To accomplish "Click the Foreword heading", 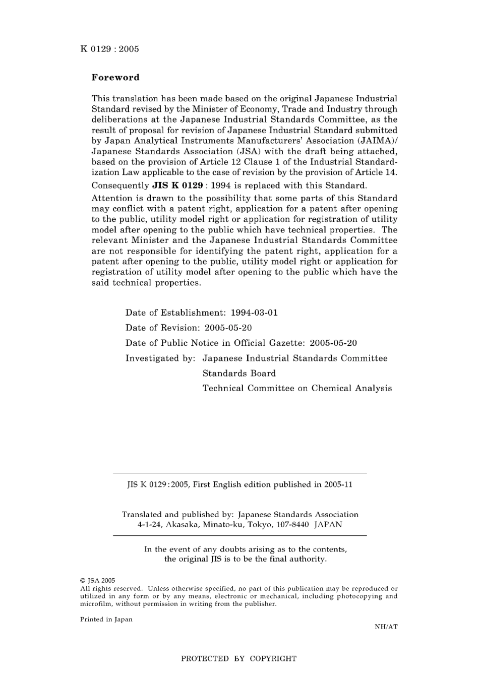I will tap(115, 78).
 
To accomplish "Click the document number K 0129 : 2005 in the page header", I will tap(109, 49).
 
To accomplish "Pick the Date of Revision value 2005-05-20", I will tap(228, 328).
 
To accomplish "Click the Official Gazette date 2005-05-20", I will tap(333, 343).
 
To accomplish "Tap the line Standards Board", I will tap(239, 374).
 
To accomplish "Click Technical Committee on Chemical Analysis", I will tap(297, 388).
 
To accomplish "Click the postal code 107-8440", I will tap(293, 524).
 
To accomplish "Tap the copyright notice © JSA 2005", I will tap(98, 581).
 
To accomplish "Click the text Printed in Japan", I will tap(106, 620).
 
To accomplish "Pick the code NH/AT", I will tap(386, 627).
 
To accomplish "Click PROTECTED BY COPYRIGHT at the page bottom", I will tap(238, 658).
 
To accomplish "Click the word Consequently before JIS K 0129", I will tap(120, 186).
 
